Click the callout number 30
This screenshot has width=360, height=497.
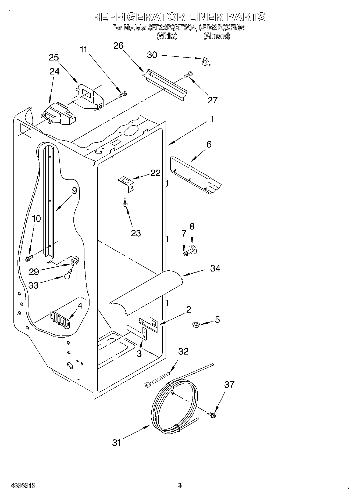152,55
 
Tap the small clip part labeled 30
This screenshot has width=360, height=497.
206,62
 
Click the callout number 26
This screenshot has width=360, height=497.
118,46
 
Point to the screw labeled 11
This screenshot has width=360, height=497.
123,94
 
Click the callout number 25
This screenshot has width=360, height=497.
54,58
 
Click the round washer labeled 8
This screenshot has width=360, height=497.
193,249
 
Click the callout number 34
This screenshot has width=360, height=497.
215,268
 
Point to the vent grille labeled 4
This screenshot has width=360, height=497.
60,319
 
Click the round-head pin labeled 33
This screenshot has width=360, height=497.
68,274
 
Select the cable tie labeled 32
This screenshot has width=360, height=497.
157,380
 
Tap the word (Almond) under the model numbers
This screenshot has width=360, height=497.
216,36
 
